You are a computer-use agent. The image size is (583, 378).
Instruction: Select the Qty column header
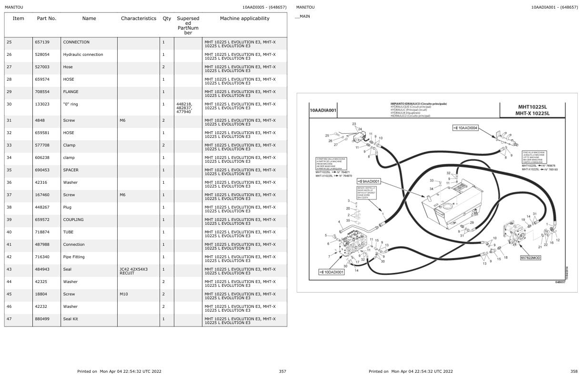coord(167,19)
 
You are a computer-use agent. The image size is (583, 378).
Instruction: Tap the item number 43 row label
coord(9,269)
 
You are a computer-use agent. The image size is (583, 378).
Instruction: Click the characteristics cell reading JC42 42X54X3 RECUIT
coord(133,271)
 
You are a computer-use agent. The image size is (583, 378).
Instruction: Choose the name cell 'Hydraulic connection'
coord(83,54)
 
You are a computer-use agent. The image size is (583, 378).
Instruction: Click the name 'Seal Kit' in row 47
coord(70,319)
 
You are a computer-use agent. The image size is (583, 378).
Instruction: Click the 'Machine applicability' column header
coord(244,19)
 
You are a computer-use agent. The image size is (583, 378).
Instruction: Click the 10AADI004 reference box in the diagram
coord(466,128)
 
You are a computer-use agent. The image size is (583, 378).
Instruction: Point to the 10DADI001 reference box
coord(331,272)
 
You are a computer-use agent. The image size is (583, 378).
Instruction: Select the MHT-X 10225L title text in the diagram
coord(532,114)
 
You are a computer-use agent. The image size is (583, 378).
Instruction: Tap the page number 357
coord(282,371)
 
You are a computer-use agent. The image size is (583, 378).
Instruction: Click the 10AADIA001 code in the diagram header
coord(323,110)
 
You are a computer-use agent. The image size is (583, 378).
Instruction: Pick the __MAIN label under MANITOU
coord(302,16)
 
